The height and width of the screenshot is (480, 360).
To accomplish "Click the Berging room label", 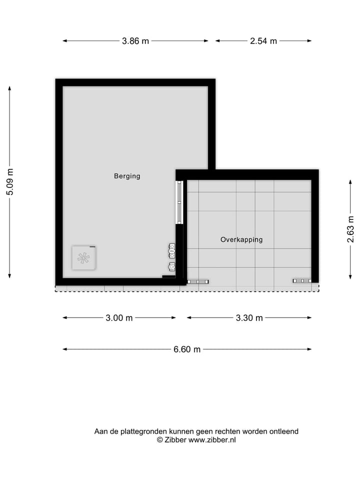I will (127, 176).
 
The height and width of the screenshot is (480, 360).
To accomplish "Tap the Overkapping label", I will (241, 239).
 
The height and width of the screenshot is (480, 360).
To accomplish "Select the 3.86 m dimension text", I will (135, 41).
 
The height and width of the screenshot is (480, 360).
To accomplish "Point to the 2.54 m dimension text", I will (263, 41).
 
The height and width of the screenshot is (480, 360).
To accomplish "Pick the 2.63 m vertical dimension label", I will (350, 229).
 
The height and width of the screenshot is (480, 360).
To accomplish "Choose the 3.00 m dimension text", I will (119, 318).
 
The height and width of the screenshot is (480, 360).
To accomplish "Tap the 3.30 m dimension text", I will (249, 318).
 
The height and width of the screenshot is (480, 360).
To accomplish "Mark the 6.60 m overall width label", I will (187, 349).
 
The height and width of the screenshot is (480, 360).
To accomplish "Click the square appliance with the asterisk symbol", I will (83, 258).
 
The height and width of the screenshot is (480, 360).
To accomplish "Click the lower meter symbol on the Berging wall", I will (172, 266).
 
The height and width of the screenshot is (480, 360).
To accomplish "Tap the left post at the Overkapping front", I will (197, 281).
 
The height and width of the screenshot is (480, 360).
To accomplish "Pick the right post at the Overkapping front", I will (302, 281).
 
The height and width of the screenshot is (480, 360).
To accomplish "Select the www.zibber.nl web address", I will (212, 440).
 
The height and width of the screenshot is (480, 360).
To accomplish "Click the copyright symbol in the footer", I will (160, 440).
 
